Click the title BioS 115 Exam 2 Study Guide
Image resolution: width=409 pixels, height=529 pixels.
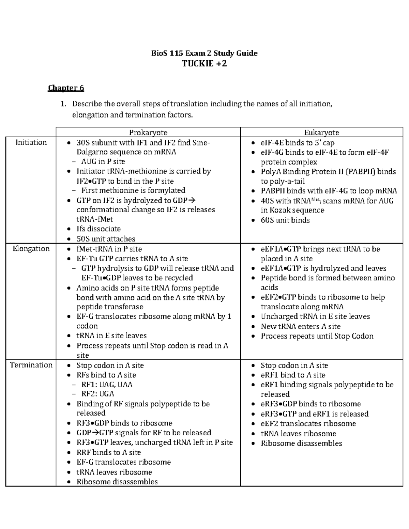204,53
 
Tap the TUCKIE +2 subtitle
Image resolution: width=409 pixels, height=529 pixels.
204,64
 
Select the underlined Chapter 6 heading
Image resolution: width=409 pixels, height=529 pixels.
66,88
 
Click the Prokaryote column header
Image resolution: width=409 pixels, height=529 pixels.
148,133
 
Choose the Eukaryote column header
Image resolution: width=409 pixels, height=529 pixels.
321,133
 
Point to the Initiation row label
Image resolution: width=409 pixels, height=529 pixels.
31,142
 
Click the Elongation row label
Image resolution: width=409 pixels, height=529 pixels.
31,249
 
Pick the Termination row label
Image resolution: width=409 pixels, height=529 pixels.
31,365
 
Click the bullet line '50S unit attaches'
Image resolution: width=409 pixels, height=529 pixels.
106,239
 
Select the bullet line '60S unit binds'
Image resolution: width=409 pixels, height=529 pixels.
285,220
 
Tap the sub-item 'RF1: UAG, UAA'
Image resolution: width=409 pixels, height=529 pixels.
107,385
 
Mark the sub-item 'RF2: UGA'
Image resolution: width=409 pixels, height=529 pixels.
97,394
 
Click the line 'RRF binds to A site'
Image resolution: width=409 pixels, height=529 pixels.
108,452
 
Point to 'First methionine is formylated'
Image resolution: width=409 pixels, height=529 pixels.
133,190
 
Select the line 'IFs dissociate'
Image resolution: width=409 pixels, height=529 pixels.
99,229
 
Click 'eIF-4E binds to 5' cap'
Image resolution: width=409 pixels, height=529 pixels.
297,143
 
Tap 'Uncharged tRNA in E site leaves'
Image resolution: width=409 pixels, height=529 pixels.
315,316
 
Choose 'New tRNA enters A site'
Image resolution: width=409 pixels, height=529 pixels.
300,326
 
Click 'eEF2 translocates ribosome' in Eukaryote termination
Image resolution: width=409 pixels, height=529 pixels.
308,424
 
